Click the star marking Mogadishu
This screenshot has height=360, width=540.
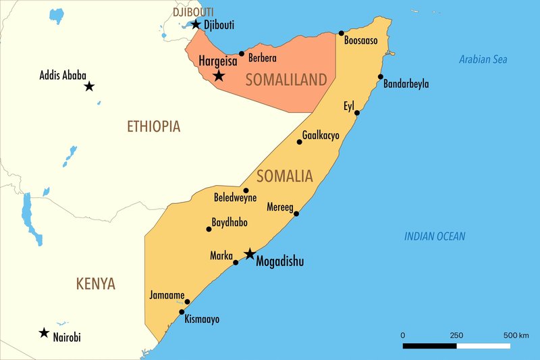tap(250, 254)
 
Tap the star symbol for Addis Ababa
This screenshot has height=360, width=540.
tap(89, 86)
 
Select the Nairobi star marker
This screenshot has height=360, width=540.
tap(44, 332)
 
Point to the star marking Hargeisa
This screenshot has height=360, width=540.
tap(219, 76)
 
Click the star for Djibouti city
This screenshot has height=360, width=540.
tap(196, 24)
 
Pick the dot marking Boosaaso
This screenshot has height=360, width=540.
tap(342, 33)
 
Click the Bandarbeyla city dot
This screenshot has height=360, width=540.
tap(381, 77)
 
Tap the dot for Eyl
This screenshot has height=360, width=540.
tap(357, 113)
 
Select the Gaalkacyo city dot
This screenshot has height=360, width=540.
tap(300, 142)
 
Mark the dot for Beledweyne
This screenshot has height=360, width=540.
tap(246, 190)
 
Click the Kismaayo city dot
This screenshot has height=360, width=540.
tap(182, 312)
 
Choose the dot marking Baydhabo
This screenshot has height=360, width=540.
tap(209, 229)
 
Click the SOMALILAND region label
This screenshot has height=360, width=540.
tap(286, 80)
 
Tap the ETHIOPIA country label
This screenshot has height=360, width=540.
tap(153, 126)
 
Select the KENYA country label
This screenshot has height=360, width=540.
tap(95, 284)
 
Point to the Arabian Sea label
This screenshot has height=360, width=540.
tap(483, 59)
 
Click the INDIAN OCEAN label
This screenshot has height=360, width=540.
tap(435, 236)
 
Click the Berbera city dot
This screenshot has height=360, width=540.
tap(242, 53)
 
